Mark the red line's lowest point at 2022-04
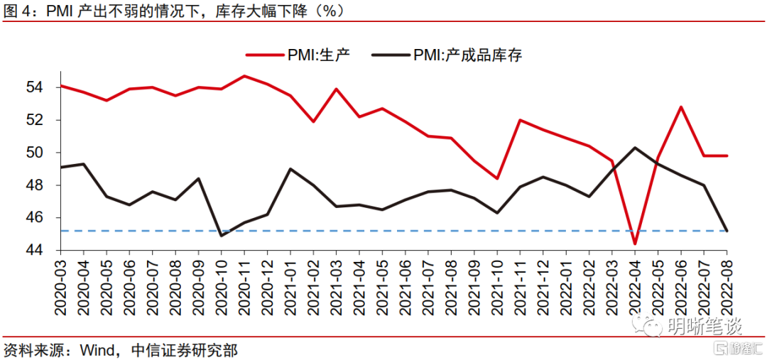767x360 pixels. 635,244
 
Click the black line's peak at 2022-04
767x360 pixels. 635,148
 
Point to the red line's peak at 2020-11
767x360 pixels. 244,76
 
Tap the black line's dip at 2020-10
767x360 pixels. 222,235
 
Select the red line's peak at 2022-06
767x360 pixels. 681,107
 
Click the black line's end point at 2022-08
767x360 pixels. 727,230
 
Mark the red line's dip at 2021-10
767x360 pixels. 497,178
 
